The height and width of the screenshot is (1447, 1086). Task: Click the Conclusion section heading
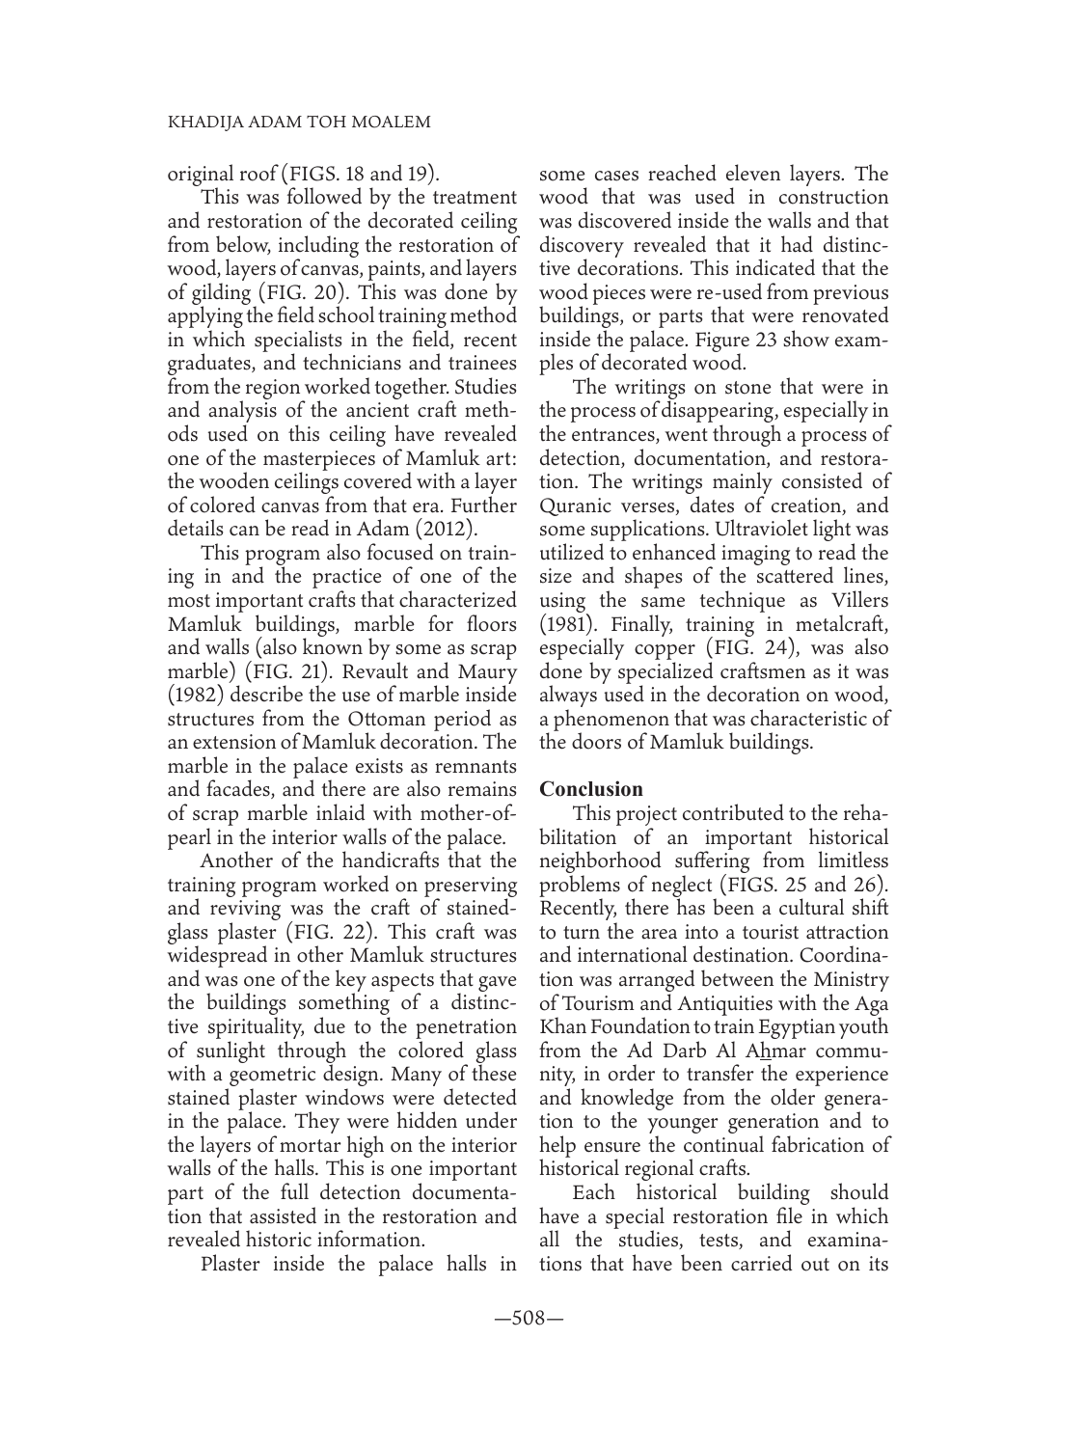(591, 789)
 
